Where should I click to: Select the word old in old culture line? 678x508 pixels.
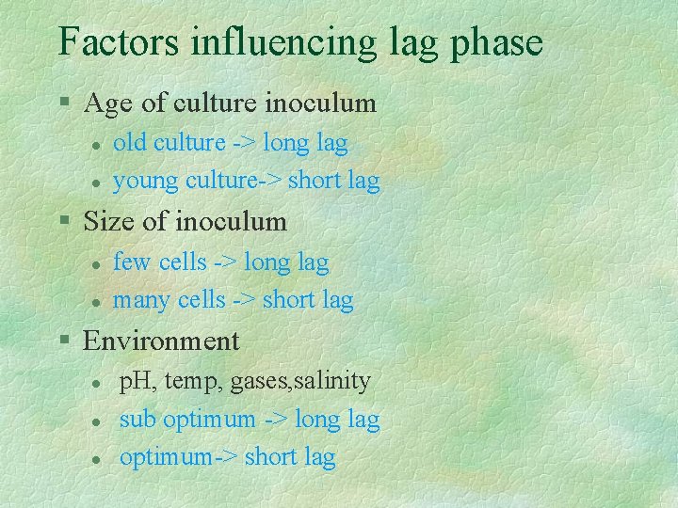pyautogui.click(x=130, y=143)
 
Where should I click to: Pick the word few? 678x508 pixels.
pyautogui.click(x=132, y=262)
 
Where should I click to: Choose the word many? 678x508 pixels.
pyautogui.click(x=142, y=302)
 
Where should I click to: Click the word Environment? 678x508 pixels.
pyautogui.click(x=161, y=341)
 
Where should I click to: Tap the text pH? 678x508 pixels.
pyautogui.click(x=137, y=382)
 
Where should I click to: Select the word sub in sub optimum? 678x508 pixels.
pyautogui.click(x=137, y=420)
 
